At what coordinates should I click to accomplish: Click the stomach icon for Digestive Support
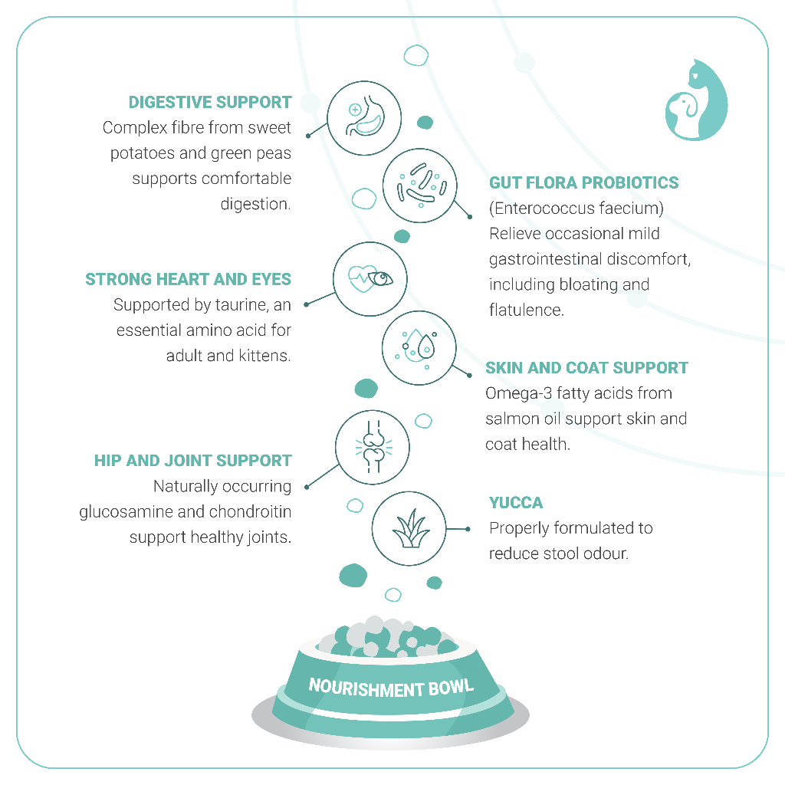[x=364, y=117]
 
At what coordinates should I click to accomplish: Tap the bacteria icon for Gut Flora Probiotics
[x=419, y=186]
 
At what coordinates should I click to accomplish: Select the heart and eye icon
[x=370, y=278]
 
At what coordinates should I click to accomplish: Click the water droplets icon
[x=419, y=348]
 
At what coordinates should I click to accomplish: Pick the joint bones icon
[x=373, y=445]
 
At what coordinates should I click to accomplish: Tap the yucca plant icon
[x=408, y=529]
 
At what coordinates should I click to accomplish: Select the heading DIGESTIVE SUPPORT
[x=210, y=102]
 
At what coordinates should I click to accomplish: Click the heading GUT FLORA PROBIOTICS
[x=584, y=182]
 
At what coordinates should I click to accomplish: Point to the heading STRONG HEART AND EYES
[x=189, y=279]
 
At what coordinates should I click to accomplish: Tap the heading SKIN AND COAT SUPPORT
[x=586, y=368]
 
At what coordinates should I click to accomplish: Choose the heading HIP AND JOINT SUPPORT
[x=193, y=461]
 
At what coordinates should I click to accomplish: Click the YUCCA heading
[x=516, y=503]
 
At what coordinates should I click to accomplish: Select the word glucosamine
[x=126, y=511]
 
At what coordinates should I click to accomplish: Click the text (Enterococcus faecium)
[x=576, y=208]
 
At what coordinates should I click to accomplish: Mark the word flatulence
[x=525, y=310]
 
